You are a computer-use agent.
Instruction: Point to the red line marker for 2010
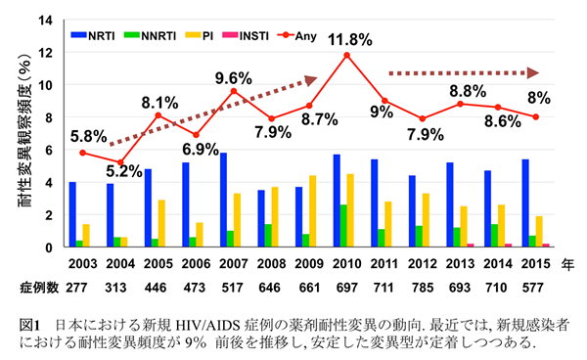point(346,55)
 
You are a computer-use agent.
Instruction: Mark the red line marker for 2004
point(120,162)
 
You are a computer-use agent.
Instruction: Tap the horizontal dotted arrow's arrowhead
point(534,72)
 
